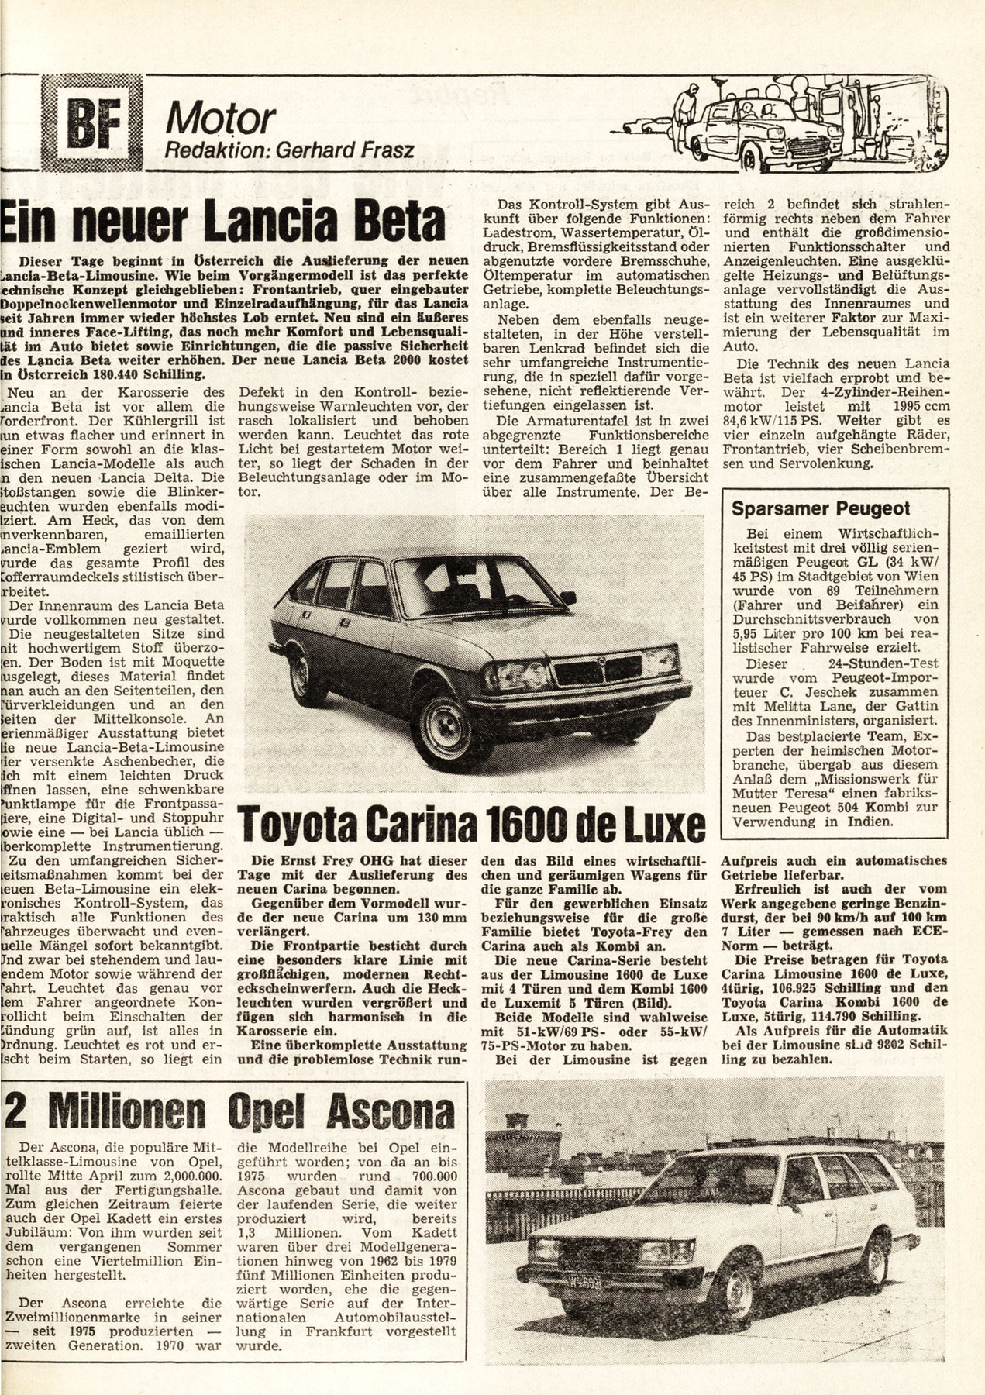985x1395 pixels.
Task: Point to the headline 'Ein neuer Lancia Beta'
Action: pos(225,222)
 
